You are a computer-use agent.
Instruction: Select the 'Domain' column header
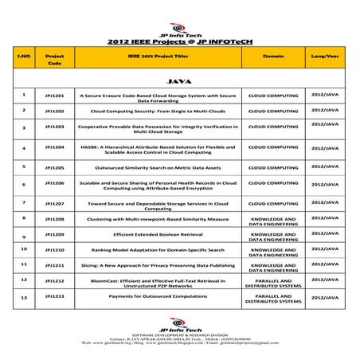[272, 58]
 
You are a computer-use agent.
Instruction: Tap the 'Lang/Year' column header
[332, 58]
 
